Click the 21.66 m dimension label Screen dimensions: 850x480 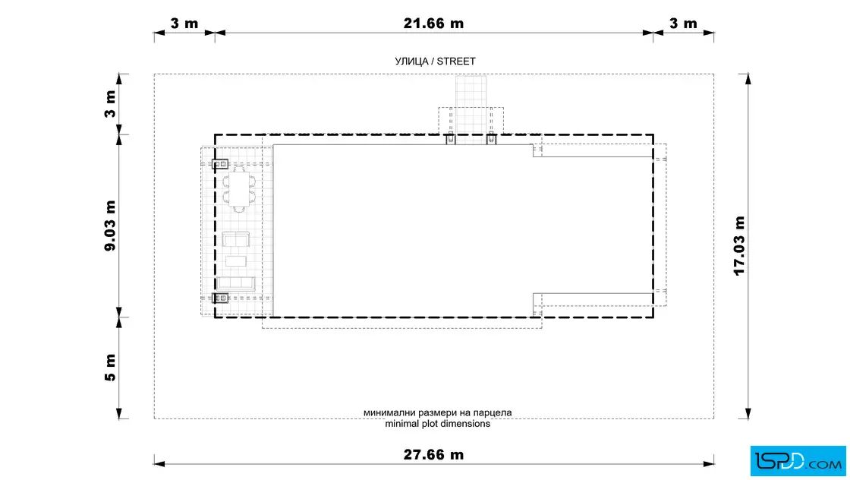point(433,24)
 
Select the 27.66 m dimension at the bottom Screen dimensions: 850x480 point(433,454)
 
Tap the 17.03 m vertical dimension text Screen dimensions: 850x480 point(739,246)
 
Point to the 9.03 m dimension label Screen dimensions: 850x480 point(110,226)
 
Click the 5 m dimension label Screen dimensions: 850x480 point(110,368)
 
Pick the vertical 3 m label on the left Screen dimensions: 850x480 point(110,104)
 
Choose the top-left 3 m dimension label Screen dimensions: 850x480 point(184,24)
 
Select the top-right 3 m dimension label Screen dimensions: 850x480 point(683,24)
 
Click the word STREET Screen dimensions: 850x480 point(456,62)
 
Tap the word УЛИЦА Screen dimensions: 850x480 point(412,62)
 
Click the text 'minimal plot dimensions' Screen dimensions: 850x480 point(437,424)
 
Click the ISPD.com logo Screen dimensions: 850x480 point(798,461)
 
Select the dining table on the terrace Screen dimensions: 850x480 point(239,189)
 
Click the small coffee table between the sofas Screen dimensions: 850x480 point(236,261)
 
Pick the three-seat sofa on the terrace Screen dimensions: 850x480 point(235,283)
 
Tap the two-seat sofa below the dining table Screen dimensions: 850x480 point(236,239)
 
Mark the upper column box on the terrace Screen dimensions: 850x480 point(220,164)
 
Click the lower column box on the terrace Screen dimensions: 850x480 point(220,298)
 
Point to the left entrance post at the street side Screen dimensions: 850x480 point(451,139)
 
